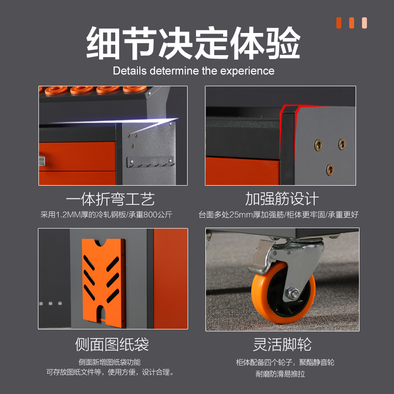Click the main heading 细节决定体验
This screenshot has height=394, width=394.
pyautogui.click(x=193, y=43)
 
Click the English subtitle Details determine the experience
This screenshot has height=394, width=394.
pyautogui.click(x=194, y=71)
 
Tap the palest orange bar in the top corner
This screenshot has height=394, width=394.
pyautogui.click(x=364, y=23)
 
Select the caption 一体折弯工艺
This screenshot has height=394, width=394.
pyautogui.click(x=110, y=199)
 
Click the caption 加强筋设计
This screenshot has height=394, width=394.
pyautogui.click(x=282, y=198)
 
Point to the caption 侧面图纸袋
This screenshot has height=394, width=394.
pyautogui.click(x=112, y=344)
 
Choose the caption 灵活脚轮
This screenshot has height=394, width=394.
pyautogui.click(x=282, y=344)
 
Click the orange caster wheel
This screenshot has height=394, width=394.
pyautogui.click(x=283, y=293)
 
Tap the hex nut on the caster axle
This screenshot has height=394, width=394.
pyautogui.click(x=293, y=294)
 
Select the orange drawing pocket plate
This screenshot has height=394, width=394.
pyautogui.click(x=104, y=283)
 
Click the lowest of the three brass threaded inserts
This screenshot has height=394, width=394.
pyautogui.click(x=330, y=169)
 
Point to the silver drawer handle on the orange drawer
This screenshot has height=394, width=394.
pyautogui.click(x=42, y=161)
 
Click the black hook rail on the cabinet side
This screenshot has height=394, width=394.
pyautogui.click(x=150, y=162)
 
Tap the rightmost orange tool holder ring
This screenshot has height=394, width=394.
pyautogui.click(x=134, y=89)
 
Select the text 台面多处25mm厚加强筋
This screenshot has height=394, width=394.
pyautogui.click(x=241, y=215)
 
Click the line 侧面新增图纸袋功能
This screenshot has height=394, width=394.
pyautogui.click(x=109, y=362)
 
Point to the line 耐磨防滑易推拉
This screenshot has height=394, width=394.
pyautogui.click(x=280, y=374)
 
